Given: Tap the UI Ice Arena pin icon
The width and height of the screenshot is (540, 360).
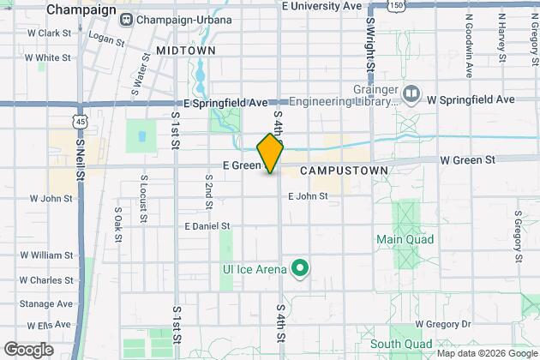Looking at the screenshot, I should [299, 269].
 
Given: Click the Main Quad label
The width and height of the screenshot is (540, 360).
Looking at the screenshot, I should [405, 239].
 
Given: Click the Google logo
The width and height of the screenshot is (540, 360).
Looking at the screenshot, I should [27, 350].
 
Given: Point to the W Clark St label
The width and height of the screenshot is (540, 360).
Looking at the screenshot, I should [48, 33].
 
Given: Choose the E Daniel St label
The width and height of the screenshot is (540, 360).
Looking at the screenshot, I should [207, 226].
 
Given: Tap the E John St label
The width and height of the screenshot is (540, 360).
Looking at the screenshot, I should [308, 196].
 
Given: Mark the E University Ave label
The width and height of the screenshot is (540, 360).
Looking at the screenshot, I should [321, 6].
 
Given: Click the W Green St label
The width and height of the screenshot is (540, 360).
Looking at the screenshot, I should [468, 159].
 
